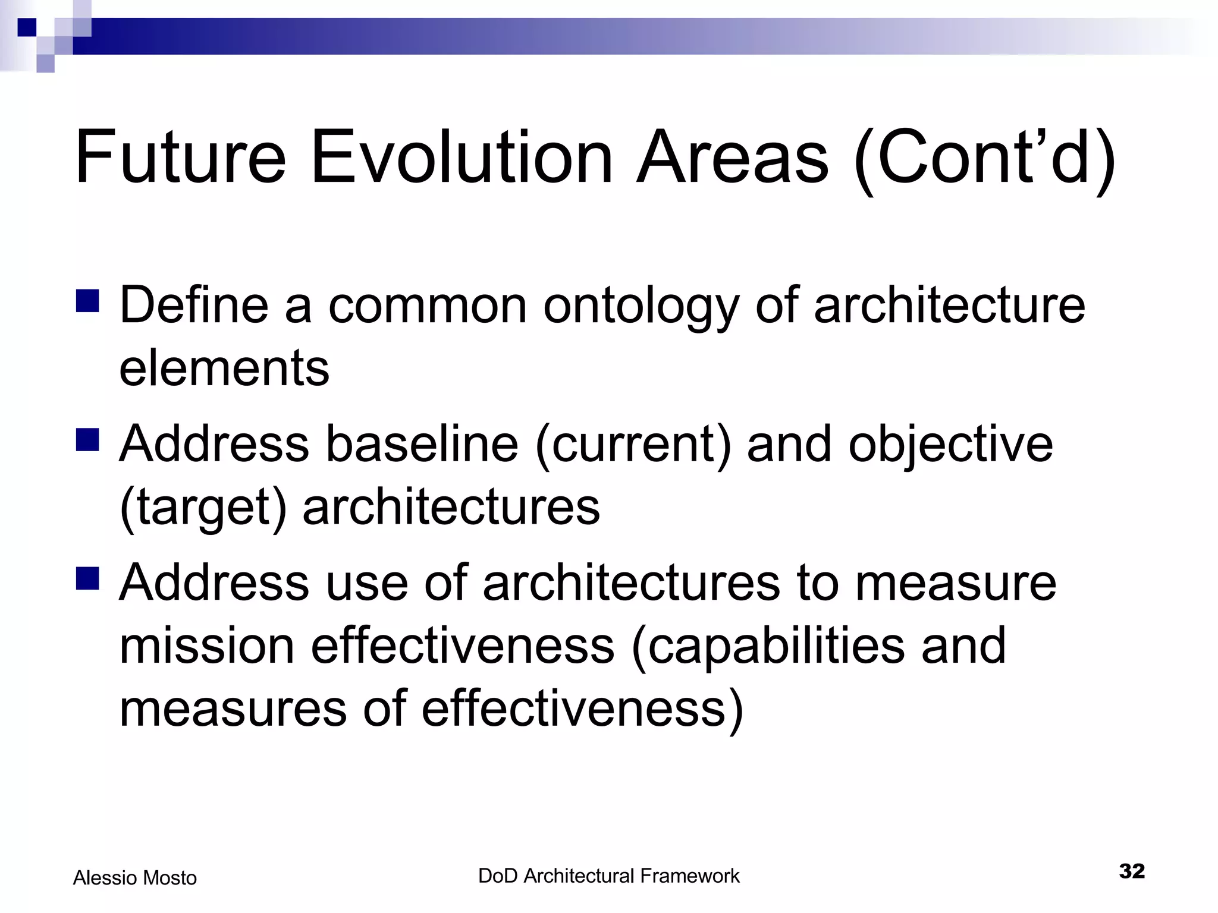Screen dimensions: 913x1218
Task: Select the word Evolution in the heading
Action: point(461,158)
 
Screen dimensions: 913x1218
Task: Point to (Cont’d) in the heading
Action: point(984,159)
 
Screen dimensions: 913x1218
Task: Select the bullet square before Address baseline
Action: point(87,440)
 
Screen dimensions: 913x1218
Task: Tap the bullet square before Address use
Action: point(87,578)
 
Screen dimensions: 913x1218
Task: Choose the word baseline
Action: point(422,445)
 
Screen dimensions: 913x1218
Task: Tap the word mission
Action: point(207,646)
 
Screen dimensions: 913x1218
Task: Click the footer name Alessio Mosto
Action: point(135,878)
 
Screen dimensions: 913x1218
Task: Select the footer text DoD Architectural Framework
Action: point(608,876)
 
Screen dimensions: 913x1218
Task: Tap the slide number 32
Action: point(1131,871)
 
